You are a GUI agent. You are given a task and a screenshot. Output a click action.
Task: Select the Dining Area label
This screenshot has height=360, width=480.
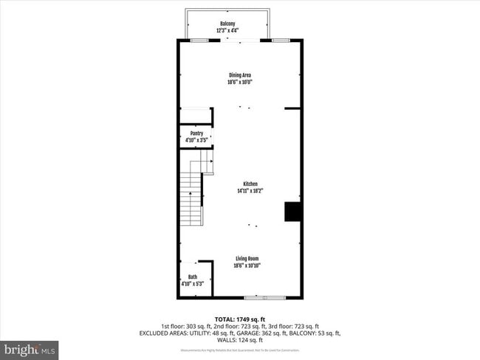click(x=240, y=75)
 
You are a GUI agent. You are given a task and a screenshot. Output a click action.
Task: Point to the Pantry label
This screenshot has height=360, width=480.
click(x=196, y=133)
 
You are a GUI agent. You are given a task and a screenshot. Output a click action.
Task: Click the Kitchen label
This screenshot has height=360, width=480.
click(x=250, y=184)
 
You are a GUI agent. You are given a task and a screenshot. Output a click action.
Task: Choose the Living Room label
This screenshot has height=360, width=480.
click(x=247, y=258)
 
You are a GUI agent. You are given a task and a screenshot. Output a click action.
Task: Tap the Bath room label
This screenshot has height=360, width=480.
click(x=192, y=277)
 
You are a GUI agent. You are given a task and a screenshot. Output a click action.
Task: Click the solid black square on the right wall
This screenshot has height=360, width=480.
click(x=293, y=211)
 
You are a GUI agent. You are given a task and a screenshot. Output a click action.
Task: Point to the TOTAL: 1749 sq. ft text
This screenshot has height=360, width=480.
click(x=239, y=318)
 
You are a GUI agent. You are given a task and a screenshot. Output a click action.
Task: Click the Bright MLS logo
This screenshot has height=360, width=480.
click(x=30, y=348)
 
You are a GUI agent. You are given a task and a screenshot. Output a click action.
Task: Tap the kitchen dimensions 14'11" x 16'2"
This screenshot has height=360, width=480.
click(x=250, y=190)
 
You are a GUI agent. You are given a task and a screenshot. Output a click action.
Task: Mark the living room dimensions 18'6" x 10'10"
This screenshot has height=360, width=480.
click(x=247, y=265)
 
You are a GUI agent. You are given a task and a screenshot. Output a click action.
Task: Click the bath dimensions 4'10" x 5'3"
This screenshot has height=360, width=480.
click(x=192, y=284)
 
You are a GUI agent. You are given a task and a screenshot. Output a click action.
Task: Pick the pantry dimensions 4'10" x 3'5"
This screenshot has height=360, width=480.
click(x=196, y=139)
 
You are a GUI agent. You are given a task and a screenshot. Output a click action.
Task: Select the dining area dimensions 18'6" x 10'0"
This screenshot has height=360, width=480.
click(x=240, y=81)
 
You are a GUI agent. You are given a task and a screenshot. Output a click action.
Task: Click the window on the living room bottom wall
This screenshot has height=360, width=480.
click(x=264, y=297)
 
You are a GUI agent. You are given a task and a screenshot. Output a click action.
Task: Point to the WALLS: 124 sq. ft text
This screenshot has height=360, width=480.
click(x=239, y=340)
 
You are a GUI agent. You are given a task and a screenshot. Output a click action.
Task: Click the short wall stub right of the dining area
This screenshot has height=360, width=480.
click(x=292, y=108)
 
